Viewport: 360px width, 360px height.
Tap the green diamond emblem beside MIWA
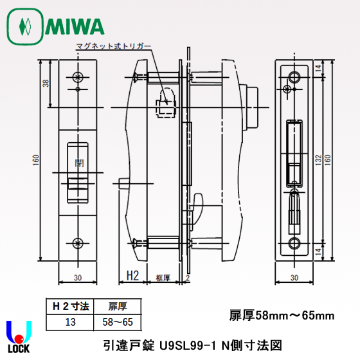point(25,26)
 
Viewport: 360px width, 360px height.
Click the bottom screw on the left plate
point(78,242)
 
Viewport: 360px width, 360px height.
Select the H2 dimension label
point(132,275)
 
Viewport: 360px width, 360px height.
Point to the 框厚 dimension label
point(163,277)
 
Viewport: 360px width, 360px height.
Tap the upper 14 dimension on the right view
point(318,69)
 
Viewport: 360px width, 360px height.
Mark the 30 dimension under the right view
point(294,278)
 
